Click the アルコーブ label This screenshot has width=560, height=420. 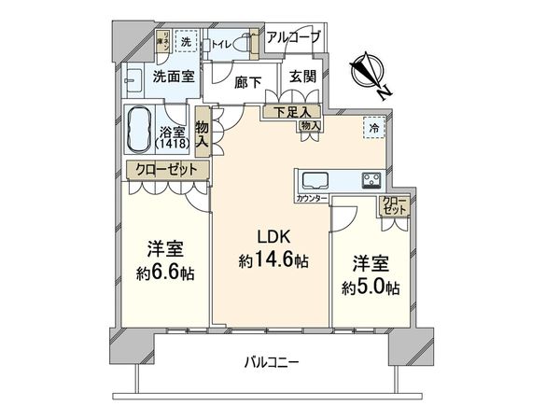click(x=293, y=38)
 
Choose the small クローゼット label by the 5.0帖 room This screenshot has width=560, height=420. click(x=394, y=205)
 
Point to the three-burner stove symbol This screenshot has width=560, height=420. click(x=369, y=180)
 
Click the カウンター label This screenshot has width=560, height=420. click(x=312, y=200)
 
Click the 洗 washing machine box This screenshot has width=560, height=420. click(x=186, y=43)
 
